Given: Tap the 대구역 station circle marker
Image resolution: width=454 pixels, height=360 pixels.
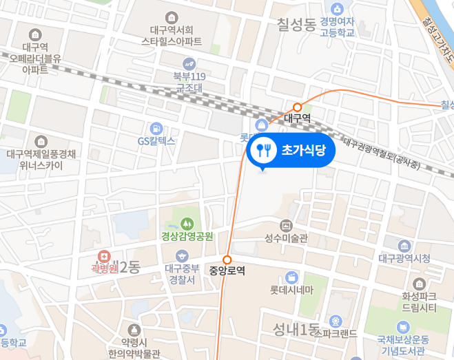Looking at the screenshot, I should coord(298,107).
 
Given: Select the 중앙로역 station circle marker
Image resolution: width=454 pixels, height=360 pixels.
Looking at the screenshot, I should coord(226,260).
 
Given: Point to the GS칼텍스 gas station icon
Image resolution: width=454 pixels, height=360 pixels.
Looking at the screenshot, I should coord(157,128).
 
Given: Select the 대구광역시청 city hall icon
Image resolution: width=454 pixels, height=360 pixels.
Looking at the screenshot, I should coord(404,246).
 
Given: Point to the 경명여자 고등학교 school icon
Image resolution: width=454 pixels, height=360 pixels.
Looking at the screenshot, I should coord(337,10).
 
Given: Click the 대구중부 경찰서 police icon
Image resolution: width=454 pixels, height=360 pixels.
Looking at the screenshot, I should coord(183,255).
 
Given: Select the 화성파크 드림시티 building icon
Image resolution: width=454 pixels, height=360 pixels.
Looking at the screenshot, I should coord(418,284).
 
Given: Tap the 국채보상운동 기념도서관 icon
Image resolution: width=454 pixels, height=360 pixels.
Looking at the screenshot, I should coord(403,327).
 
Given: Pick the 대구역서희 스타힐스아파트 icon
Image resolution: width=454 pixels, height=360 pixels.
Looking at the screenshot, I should coord(172,17).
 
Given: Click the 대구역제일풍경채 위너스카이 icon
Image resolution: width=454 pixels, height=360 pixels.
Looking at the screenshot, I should coord(41,141).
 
